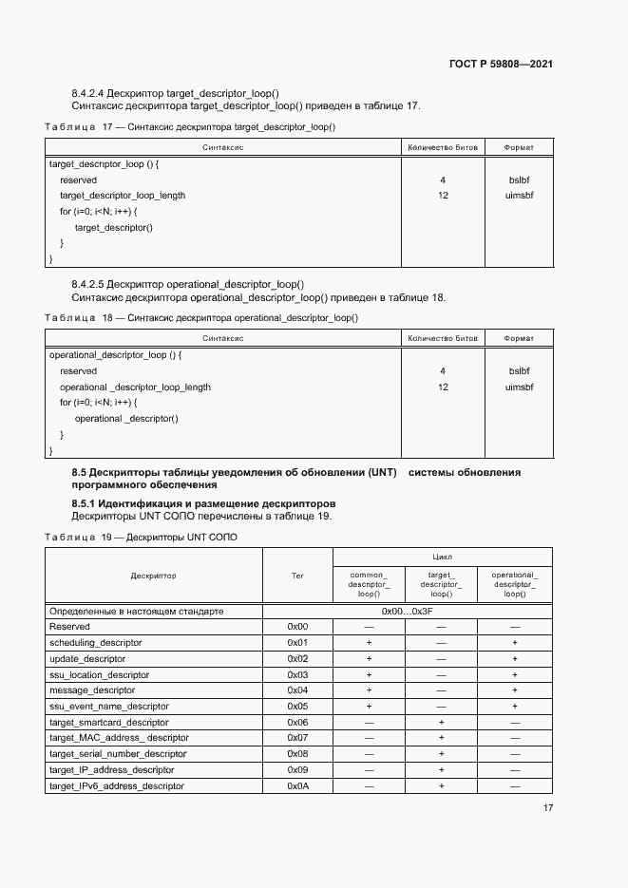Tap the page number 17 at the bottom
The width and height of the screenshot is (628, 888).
[548, 808]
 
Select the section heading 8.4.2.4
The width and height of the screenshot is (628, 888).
[175, 93]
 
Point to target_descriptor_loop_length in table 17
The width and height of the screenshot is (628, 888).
[123, 196]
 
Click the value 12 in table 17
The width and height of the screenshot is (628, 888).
[443, 196]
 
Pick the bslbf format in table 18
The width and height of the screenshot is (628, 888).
[519, 371]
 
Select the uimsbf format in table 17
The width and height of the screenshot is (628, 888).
[519, 196]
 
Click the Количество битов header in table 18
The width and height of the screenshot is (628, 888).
[443, 338]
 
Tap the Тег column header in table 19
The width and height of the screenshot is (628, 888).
[297, 576]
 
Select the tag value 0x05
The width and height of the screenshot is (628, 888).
[297, 707]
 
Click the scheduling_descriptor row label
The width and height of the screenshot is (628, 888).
[95, 643]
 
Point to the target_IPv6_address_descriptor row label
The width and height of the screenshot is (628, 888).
[116, 786]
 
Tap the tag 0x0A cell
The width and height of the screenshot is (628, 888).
[297, 786]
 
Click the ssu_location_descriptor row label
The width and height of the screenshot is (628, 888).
[99, 675]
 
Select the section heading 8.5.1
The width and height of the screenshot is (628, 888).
[203, 502]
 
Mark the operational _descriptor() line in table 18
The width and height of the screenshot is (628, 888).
[125, 419]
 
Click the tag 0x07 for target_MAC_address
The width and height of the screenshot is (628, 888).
[297, 738]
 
